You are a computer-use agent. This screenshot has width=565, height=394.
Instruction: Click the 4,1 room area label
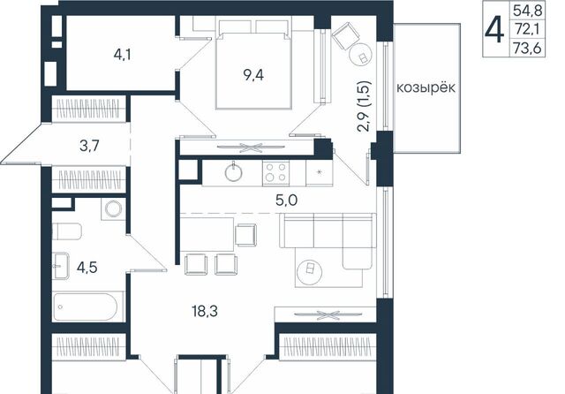[x=123, y=55]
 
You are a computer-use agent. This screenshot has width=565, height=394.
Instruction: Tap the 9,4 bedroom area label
[x=253, y=75]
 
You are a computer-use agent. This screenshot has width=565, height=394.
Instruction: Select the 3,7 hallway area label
[x=89, y=146]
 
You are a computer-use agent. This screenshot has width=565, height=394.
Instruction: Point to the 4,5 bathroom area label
[x=87, y=268]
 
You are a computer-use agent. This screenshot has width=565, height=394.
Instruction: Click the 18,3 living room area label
[x=205, y=311]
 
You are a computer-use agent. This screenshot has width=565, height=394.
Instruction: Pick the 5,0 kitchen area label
[x=286, y=200]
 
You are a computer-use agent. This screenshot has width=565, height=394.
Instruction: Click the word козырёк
[x=426, y=87]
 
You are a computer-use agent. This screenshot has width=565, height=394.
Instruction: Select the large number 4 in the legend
[x=494, y=31]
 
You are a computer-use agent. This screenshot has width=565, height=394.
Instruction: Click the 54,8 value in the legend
[x=528, y=11]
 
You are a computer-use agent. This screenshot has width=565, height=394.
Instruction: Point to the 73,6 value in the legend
[x=528, y=48]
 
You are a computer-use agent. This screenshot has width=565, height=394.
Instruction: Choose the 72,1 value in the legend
[x=527, y=29]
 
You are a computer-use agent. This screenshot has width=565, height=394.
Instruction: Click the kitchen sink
[x=233, y=172]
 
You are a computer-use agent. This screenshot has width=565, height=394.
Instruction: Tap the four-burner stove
[x=275, y=172]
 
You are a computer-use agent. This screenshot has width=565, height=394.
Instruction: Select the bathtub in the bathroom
[x=86, y=307]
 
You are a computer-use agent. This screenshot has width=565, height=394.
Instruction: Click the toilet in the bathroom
[x=67, y=231]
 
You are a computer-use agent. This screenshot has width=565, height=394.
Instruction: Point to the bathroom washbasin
[x=61, y=266]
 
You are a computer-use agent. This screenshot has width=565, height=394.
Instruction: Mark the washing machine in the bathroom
[x=114, y=209]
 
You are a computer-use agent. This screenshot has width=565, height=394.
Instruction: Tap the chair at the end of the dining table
[x=246, y=235]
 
